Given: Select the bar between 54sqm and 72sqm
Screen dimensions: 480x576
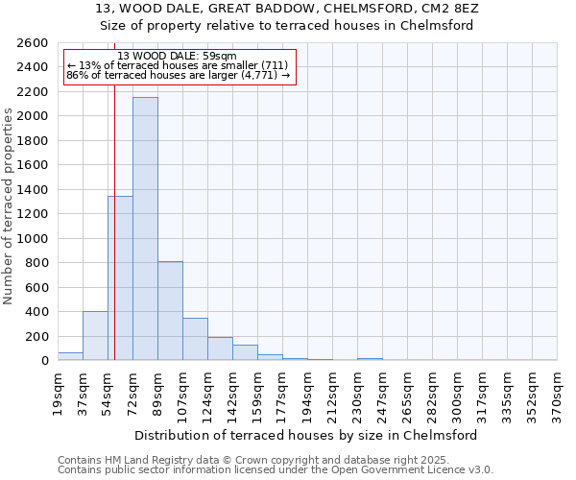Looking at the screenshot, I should click(x=120, y=278).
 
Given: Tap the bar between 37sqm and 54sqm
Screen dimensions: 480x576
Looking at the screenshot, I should click(x=95, y=336).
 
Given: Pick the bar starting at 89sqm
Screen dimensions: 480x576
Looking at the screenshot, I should click(x=170, y=311).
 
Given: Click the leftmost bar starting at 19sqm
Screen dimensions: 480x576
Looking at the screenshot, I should click(x=70, y=356).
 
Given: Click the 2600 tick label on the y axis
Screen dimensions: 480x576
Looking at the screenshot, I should click(x=33, y=43).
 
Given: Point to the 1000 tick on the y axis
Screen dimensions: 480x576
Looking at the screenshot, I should click(x=33, y=238).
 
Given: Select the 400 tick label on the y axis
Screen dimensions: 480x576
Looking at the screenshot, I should click(x=36, y=312).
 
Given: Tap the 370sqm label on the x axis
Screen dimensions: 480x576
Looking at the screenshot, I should click(x=557, y=395).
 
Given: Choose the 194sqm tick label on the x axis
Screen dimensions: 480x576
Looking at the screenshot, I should click(x=307, y=395).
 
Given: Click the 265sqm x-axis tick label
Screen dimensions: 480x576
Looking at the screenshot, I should click(x=407, y=395).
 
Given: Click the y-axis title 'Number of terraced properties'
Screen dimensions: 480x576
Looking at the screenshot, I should click(x=9, y=206).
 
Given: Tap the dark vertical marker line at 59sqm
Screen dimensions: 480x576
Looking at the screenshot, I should click(x=114, y=240).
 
